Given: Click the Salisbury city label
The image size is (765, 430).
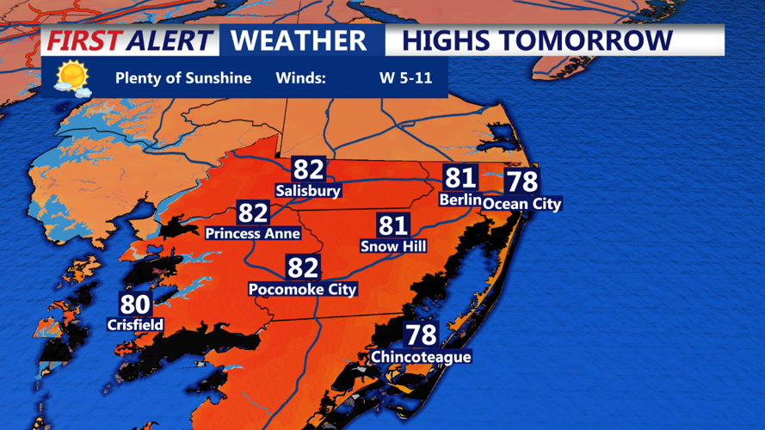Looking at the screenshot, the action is coord(308,190).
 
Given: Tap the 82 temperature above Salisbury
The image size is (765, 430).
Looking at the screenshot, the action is coord(308,169).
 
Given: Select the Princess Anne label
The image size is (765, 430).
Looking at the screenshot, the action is coord(253,233).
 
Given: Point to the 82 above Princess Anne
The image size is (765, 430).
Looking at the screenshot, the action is coord(253,212).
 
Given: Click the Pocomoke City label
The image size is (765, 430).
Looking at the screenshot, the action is coord(302,289).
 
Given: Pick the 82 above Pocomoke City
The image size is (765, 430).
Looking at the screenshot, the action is coord(302,267).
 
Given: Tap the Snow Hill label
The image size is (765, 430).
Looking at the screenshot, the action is coord(393,246).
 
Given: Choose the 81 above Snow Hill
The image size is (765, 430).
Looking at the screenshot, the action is coord(393,225).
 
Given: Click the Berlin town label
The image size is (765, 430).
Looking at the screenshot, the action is coord(460,200).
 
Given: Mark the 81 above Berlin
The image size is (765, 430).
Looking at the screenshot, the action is coord(460,178).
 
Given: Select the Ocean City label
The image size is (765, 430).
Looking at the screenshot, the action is coord(521,204).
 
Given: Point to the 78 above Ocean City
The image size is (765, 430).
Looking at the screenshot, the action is coord(521,181).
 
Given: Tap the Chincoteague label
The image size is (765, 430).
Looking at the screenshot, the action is coord(421,356).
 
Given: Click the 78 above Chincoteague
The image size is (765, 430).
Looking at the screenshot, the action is coord(421,334).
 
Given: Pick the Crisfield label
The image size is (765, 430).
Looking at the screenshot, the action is coord(135,324).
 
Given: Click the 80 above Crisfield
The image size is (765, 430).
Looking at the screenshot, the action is coord(135,304).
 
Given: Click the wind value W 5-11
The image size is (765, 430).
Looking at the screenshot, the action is coord(412,78).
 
